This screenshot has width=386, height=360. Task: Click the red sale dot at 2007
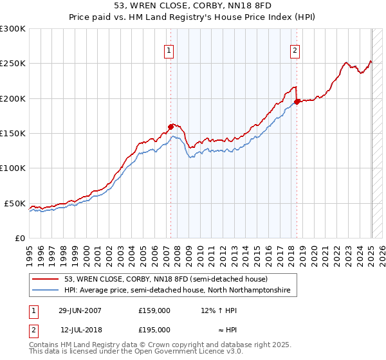(171, 127)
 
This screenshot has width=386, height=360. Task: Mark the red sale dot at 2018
(297, 102)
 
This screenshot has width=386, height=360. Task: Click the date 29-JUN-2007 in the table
(80, 310)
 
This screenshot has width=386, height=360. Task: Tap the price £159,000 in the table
(154, 310)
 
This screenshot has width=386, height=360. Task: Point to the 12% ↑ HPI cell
(219, 310)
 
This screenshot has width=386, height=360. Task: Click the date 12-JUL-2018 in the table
(80, 329)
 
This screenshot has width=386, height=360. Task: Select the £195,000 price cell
(154, 329)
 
